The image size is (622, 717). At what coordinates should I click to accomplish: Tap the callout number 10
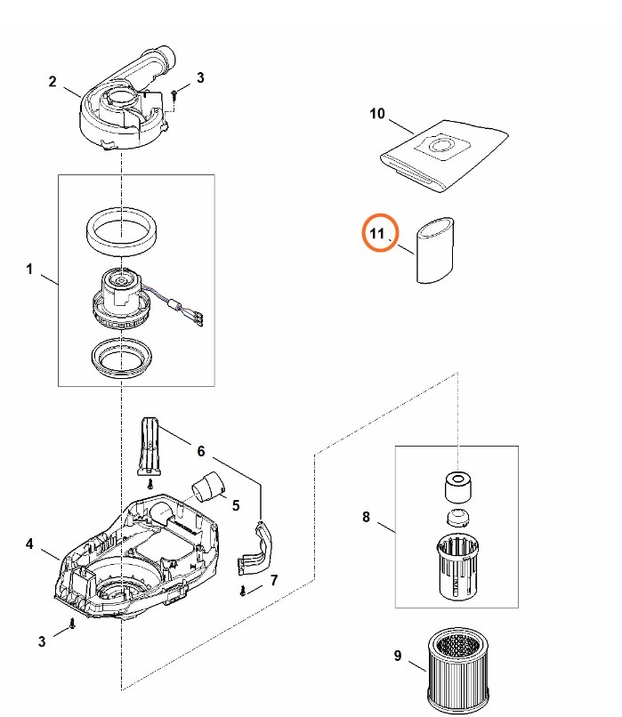click(x=377, y=114)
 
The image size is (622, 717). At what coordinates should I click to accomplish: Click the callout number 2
click(x=53, y=82)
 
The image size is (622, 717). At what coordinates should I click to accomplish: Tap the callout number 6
click(x=201, y=451)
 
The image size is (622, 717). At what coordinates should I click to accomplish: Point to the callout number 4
click(x=29, y=544)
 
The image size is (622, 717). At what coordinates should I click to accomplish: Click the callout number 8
click(x=366, y=516)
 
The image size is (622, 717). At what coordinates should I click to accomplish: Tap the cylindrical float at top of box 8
click(x=456, y=487)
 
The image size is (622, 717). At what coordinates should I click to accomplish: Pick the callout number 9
click(x=397, y=657)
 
